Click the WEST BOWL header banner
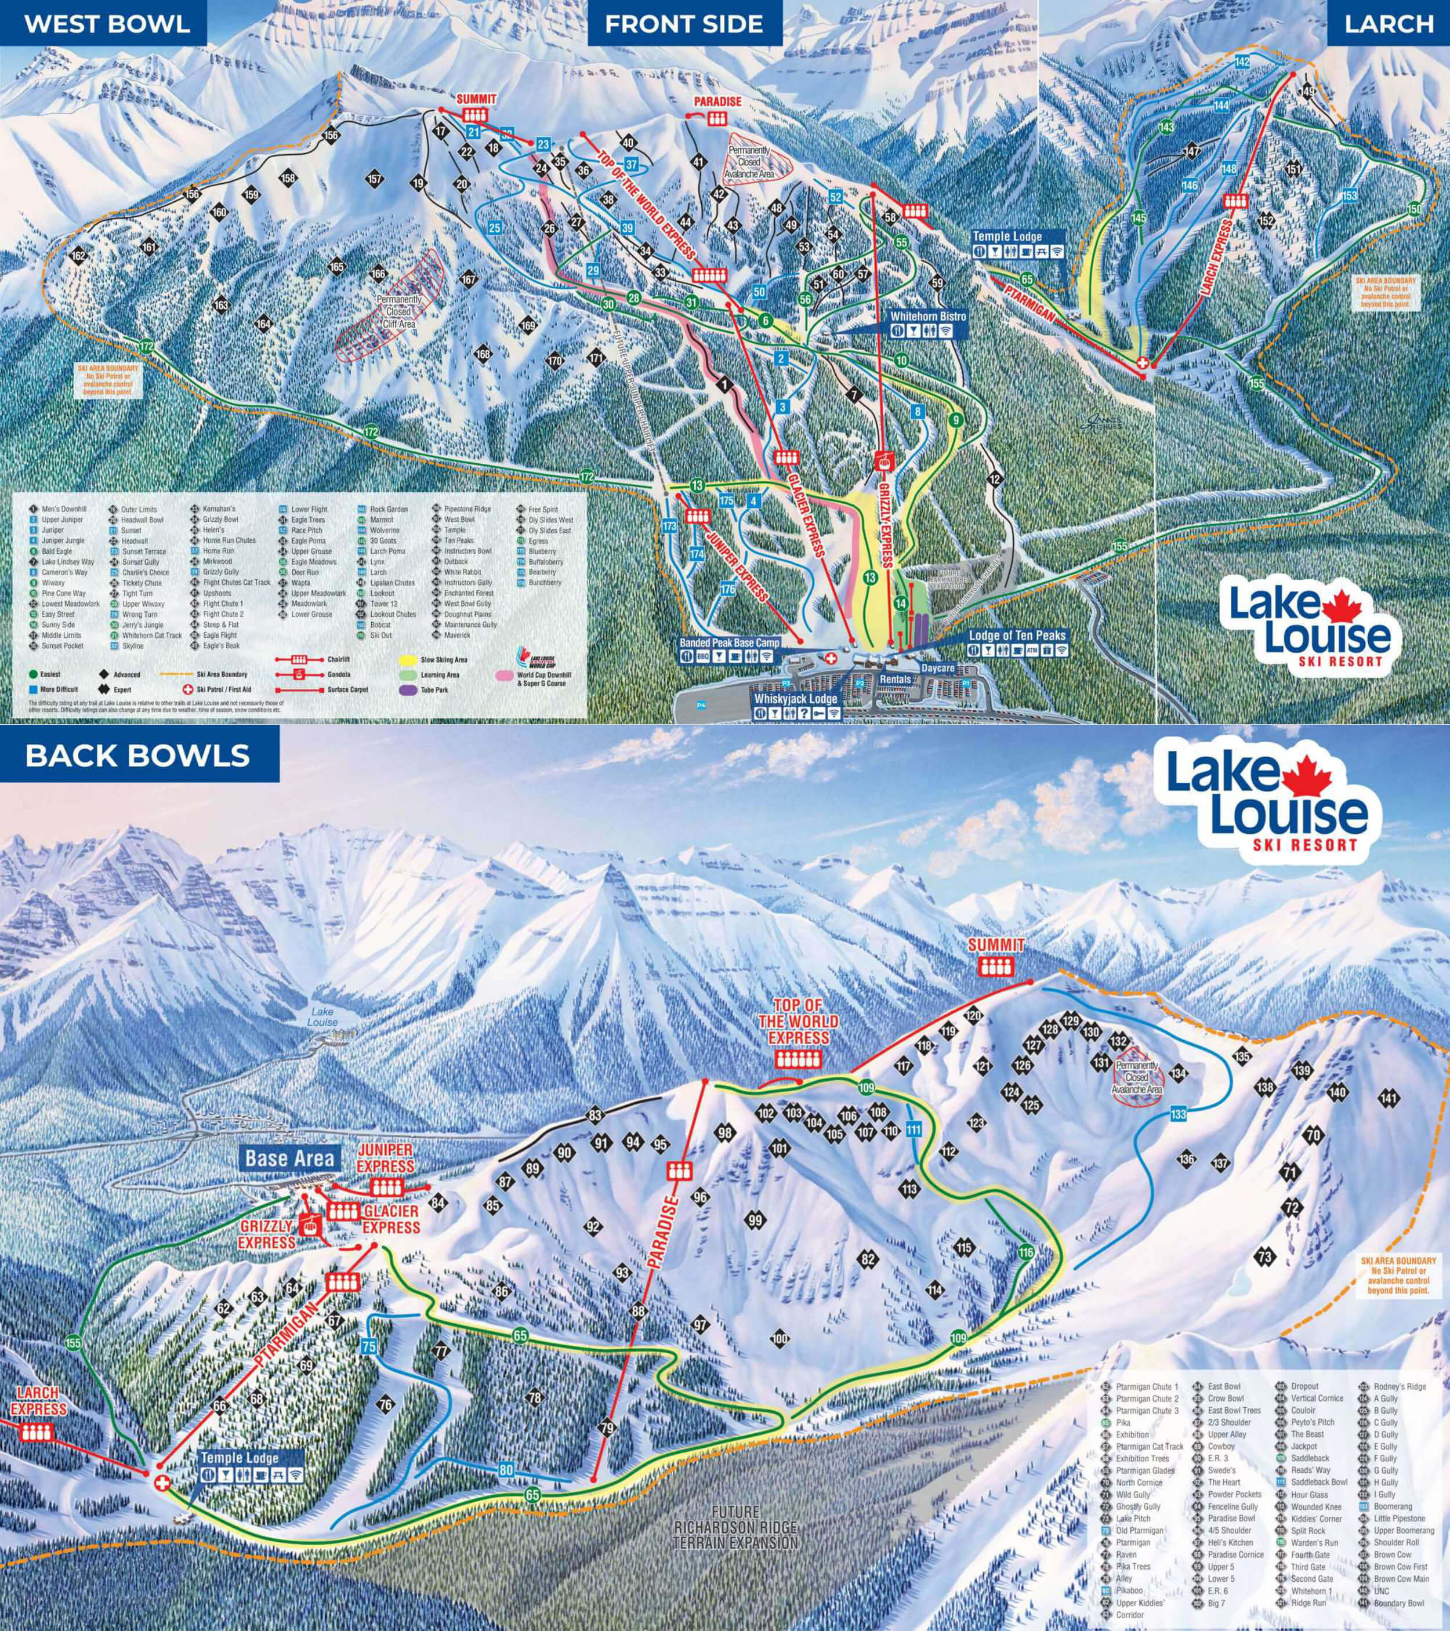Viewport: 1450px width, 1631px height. tap(106, 23)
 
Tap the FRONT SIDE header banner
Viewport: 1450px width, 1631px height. tap(684, 23)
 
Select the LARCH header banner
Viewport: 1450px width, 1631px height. tap(1389, 23)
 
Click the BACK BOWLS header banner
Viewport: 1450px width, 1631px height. tap(138, 755)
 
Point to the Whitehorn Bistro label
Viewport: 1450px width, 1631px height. tap(930, 317)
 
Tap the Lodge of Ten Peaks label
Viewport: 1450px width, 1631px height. tap(1017, 636)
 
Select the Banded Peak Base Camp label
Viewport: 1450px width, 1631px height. tap(728, 641)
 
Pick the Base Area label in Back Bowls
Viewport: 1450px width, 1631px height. tap(289, 1158)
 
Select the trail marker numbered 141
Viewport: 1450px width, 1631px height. tap(1389, 1099)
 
